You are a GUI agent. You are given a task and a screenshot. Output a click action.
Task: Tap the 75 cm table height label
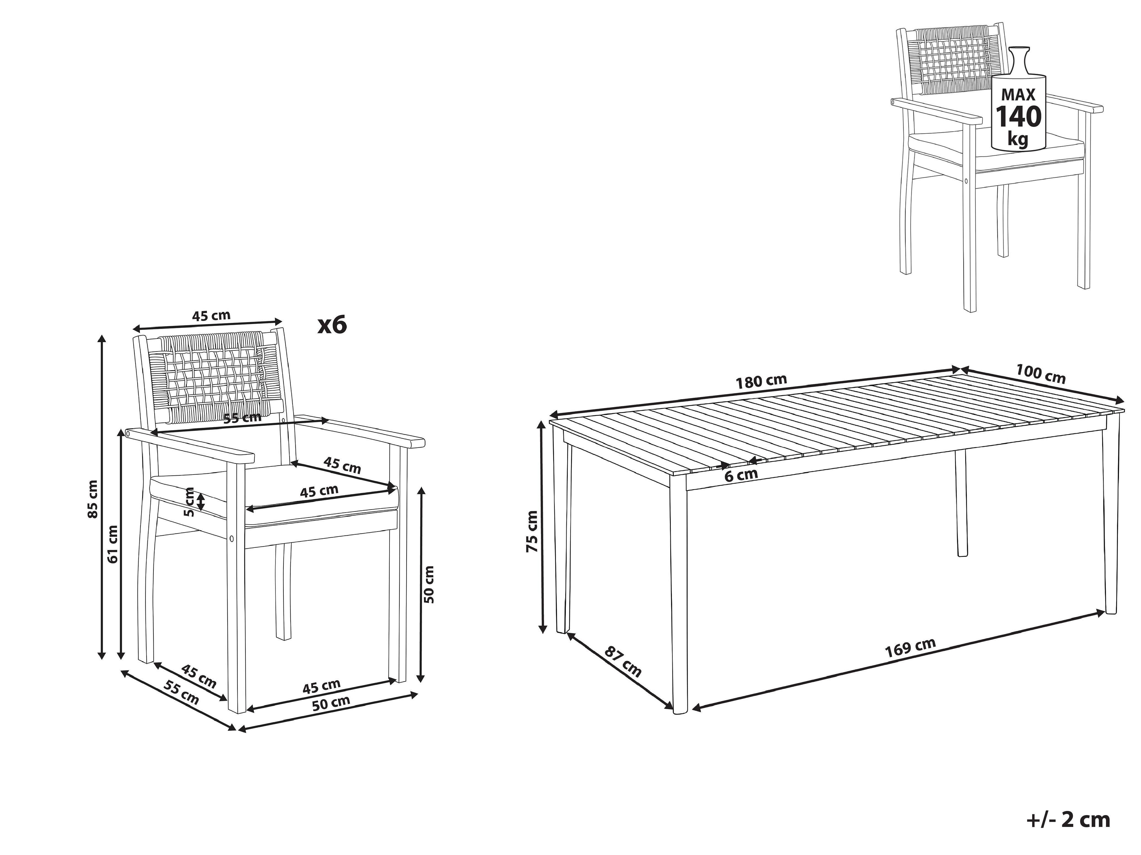click(x=532, y=531)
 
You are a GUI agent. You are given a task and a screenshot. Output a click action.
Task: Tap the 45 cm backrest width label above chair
click(x=212, y=315)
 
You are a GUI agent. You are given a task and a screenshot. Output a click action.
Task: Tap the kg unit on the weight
click(x=1018, y=139)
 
